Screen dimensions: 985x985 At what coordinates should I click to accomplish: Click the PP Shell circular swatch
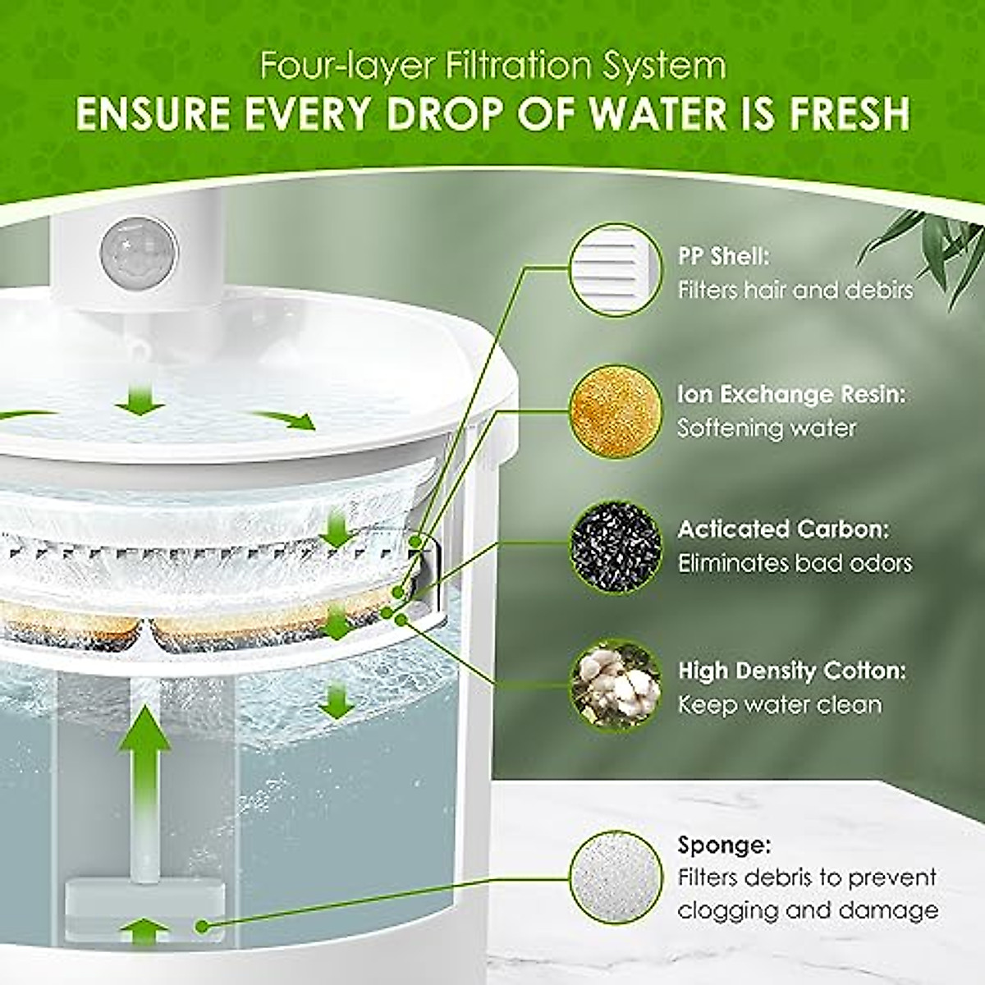coord(615,270)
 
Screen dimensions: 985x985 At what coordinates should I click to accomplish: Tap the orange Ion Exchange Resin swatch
coord(615,410)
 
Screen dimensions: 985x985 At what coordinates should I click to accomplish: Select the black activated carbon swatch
coord(615,546)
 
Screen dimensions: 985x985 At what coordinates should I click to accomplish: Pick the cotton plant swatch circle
coord(615,686)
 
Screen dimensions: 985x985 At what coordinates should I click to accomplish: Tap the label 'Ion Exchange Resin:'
coord(791,395)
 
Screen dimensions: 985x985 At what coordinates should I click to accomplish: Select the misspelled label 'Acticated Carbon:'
coord(782,529)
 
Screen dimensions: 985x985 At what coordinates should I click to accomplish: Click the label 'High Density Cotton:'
coord(791,671)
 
